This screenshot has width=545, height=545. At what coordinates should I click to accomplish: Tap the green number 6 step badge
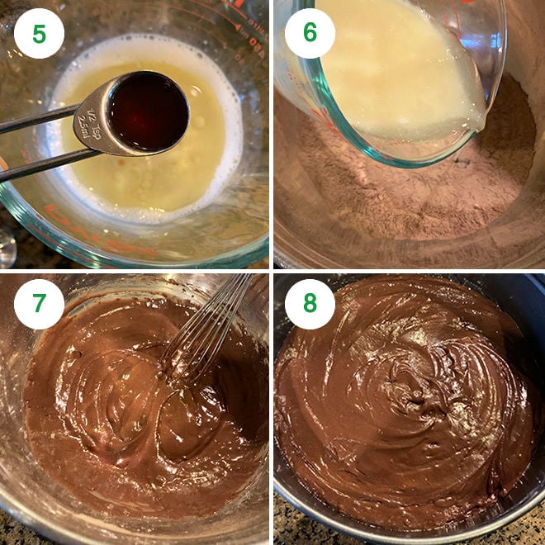310,33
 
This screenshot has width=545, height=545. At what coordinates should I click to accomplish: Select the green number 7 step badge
39,304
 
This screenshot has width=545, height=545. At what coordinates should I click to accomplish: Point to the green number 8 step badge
310,304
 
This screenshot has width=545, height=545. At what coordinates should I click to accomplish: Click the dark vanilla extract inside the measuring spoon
149,111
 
